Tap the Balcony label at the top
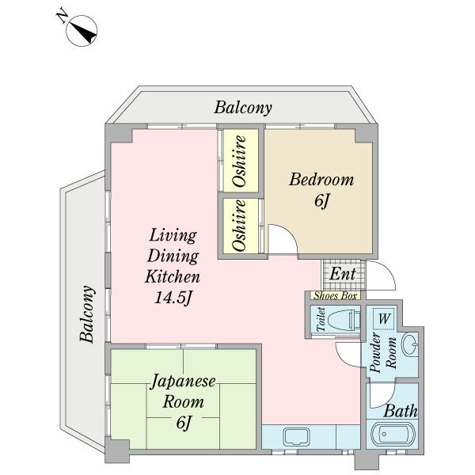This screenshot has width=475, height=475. (243, 108)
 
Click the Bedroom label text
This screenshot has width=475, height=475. (321, 180)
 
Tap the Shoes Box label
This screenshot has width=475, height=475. (335, 295)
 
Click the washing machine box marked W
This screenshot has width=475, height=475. (383, 319)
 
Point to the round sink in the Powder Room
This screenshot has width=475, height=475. (409, 346)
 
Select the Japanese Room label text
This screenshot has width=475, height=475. (184, 391)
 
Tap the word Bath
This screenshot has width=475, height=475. (401, 412)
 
